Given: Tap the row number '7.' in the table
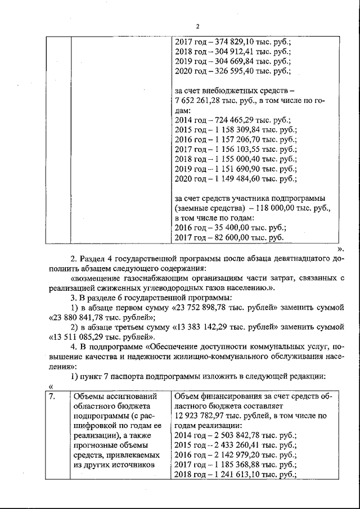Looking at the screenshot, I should point(52,397).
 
